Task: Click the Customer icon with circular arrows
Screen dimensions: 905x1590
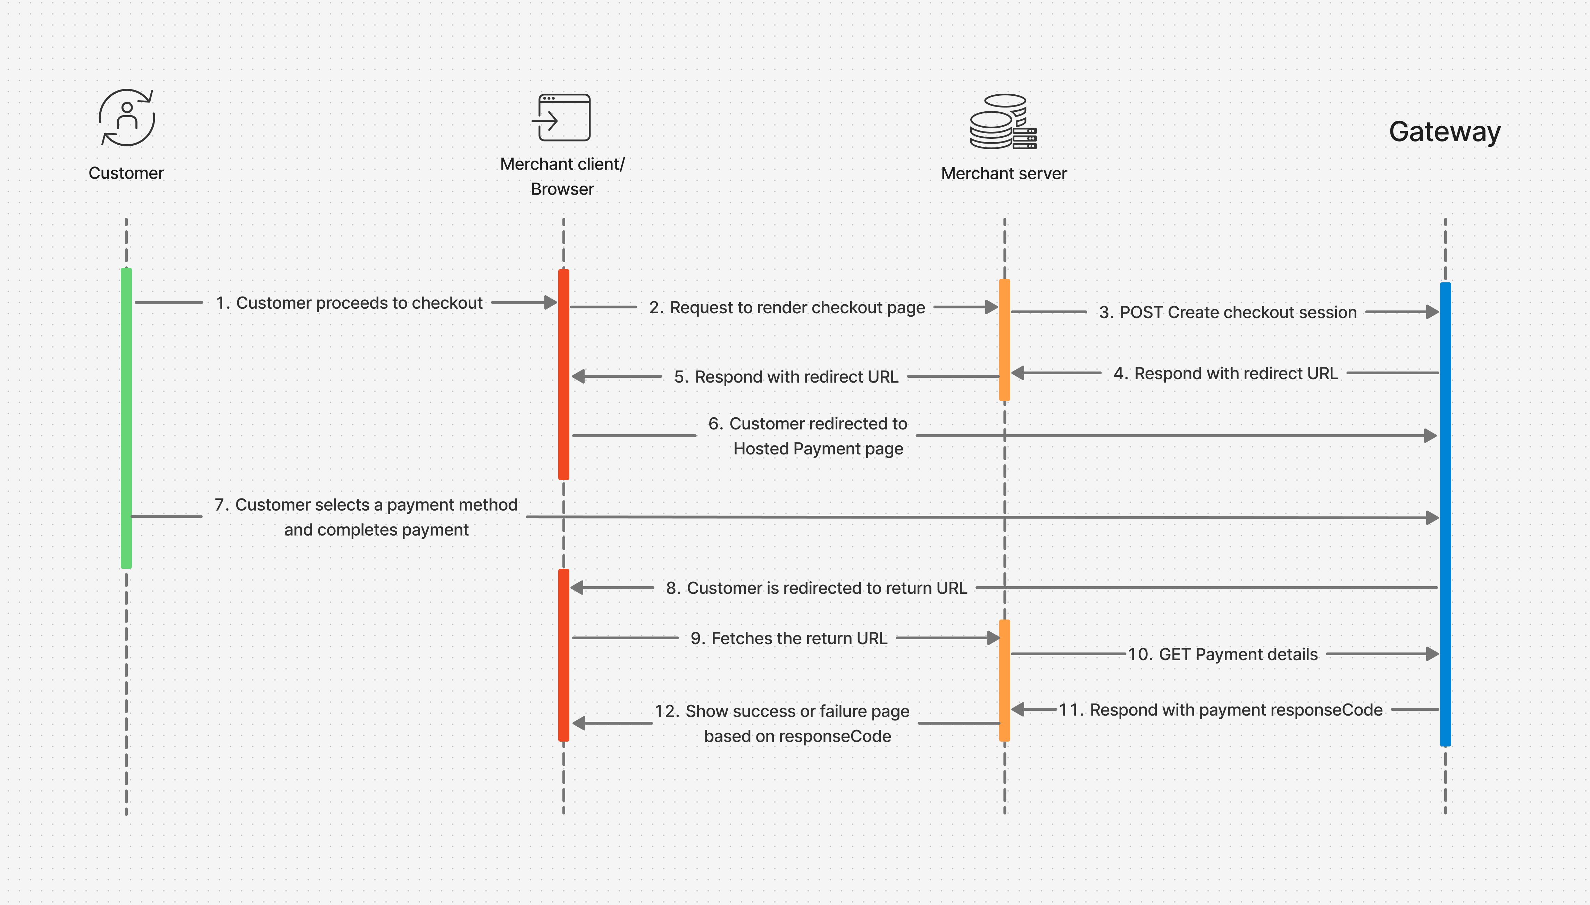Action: click(x=127, y=118)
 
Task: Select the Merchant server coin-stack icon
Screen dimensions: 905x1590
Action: click(x=1003, y=122)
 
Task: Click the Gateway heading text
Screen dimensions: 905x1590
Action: click(x=1445, y=132)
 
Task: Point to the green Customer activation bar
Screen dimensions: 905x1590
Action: click(x=126, y=418)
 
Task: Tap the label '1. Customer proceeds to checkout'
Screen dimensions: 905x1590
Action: click(x=349, y=303)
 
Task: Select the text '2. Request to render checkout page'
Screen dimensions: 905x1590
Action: click(x=787, y=308)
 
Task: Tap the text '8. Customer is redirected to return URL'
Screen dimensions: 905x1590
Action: click(x=816, y=588)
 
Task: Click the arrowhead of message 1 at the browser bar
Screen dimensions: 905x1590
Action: click(x=551, y=303)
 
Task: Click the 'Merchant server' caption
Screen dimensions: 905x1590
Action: click(x=1003, y=173)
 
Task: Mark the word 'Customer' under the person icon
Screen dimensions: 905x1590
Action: click(x=126, y=173)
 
